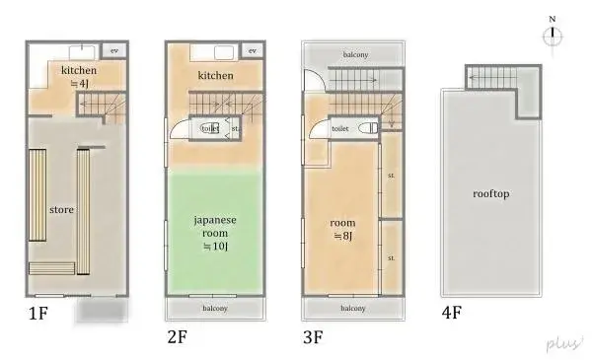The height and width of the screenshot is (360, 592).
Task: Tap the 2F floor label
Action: point(178,336)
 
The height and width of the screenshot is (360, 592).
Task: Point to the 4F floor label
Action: point(452,316)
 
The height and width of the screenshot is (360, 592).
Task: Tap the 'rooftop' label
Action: point(490,194)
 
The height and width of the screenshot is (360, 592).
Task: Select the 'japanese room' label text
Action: point(214,226)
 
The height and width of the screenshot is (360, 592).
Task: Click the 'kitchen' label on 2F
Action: point(215,76)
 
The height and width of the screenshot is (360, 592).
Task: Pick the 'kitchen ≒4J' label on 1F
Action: point(78,77)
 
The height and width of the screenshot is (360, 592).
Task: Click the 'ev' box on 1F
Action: point(114,50)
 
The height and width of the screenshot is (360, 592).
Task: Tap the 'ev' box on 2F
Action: point(252,50)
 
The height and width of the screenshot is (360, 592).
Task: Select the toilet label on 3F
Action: point(340,128)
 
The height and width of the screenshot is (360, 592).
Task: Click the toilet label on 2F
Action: point(209,128)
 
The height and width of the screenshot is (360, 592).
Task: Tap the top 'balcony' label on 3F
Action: point(355,54)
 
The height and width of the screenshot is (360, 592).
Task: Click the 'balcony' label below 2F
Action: point(215,308)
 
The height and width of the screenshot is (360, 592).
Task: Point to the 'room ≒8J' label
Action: point(342,229)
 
